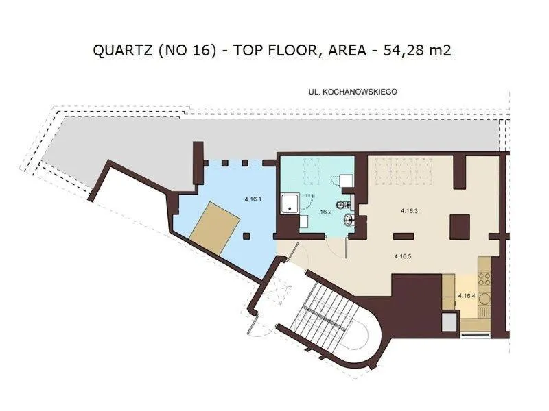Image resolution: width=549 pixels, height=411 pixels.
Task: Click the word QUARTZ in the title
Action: pyautogui.click(x=123, y=50)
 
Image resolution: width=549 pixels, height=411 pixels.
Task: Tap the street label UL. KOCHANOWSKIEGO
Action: pyautogui.click(x=353, y=92)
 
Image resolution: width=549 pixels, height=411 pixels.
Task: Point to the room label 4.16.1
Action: pyautogui.click(x=253, y=199)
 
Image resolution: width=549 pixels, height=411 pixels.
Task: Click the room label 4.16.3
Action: pyautogui.click(x=409, y=211)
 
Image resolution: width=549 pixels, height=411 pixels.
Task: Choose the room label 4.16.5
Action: pyautogui.click(x=403, y=256)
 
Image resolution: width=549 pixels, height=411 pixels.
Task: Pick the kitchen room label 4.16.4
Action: pyautogui.click(x=467, y=296)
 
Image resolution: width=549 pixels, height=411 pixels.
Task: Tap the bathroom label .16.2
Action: pyautogui.click(x=326, y=212)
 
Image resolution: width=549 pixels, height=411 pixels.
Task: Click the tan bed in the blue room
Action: pyautogui.click(x=214, y=229)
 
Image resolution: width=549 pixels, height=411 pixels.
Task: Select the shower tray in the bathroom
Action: pyautogui.click(x=290, y=203)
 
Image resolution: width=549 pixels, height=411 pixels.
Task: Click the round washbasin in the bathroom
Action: pyautogui.click(x=349, y=220)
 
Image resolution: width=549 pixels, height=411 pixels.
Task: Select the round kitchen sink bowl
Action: pyautogui.click(x=484, y=299)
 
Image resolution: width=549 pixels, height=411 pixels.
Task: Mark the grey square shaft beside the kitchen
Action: pyautogui.click(x=449, y=323)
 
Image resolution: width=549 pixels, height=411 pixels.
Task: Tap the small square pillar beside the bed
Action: pyautogui.click(x=246, y=236)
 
